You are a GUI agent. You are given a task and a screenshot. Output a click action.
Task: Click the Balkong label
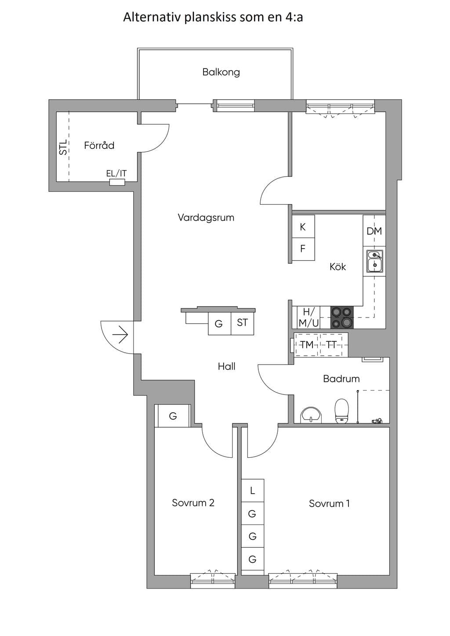click(221, 72)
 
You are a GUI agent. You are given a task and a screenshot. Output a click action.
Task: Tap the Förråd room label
click(99, 145)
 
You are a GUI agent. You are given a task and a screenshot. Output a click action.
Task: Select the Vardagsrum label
click(206, 218)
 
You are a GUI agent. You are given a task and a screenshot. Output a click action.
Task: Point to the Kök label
click(338, 267)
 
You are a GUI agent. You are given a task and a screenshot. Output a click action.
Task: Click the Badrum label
click(341, 379)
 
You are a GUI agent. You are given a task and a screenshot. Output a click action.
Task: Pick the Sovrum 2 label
click(193, 503)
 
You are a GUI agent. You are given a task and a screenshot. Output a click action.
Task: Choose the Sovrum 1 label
click(329, 503)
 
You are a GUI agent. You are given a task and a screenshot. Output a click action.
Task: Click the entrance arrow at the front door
click(120, 335)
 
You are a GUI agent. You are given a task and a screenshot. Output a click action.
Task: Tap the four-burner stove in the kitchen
click(342, 318)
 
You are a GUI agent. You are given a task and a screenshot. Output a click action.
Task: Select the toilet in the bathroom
click(341, 411)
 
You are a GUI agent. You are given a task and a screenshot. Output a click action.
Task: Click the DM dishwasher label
click(374, 231)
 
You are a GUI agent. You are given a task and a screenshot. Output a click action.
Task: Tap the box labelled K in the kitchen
click(303, 227)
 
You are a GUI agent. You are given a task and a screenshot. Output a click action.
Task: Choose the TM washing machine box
click(307, 345)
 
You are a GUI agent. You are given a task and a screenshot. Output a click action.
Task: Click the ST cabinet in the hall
click(242, 323)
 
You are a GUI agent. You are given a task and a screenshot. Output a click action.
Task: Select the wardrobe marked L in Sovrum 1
click(253, 490)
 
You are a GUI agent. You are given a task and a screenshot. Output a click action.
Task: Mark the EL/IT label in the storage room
click(116, 173)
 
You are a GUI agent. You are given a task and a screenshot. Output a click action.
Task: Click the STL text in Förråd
click(64, 147)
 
